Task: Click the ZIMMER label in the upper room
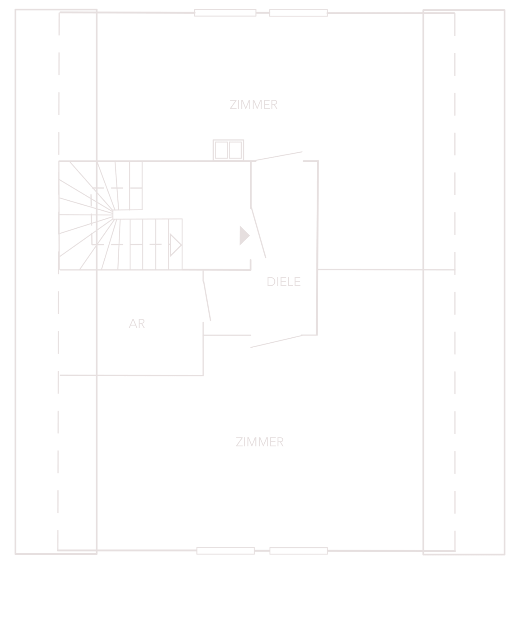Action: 253,104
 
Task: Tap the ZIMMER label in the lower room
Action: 260,442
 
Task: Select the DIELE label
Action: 284,282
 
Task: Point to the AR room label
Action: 137,323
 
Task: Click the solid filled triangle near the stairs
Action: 244,236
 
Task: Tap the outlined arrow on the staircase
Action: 175,245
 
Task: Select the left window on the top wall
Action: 225,13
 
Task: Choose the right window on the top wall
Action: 298,13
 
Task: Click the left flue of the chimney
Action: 221,150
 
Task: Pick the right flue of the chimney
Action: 235,150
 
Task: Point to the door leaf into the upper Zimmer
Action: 279,156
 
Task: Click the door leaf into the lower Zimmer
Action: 276,341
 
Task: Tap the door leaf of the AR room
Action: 207,301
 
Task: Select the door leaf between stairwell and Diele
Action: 258,232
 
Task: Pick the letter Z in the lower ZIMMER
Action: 239,442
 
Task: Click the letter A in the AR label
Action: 133,323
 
